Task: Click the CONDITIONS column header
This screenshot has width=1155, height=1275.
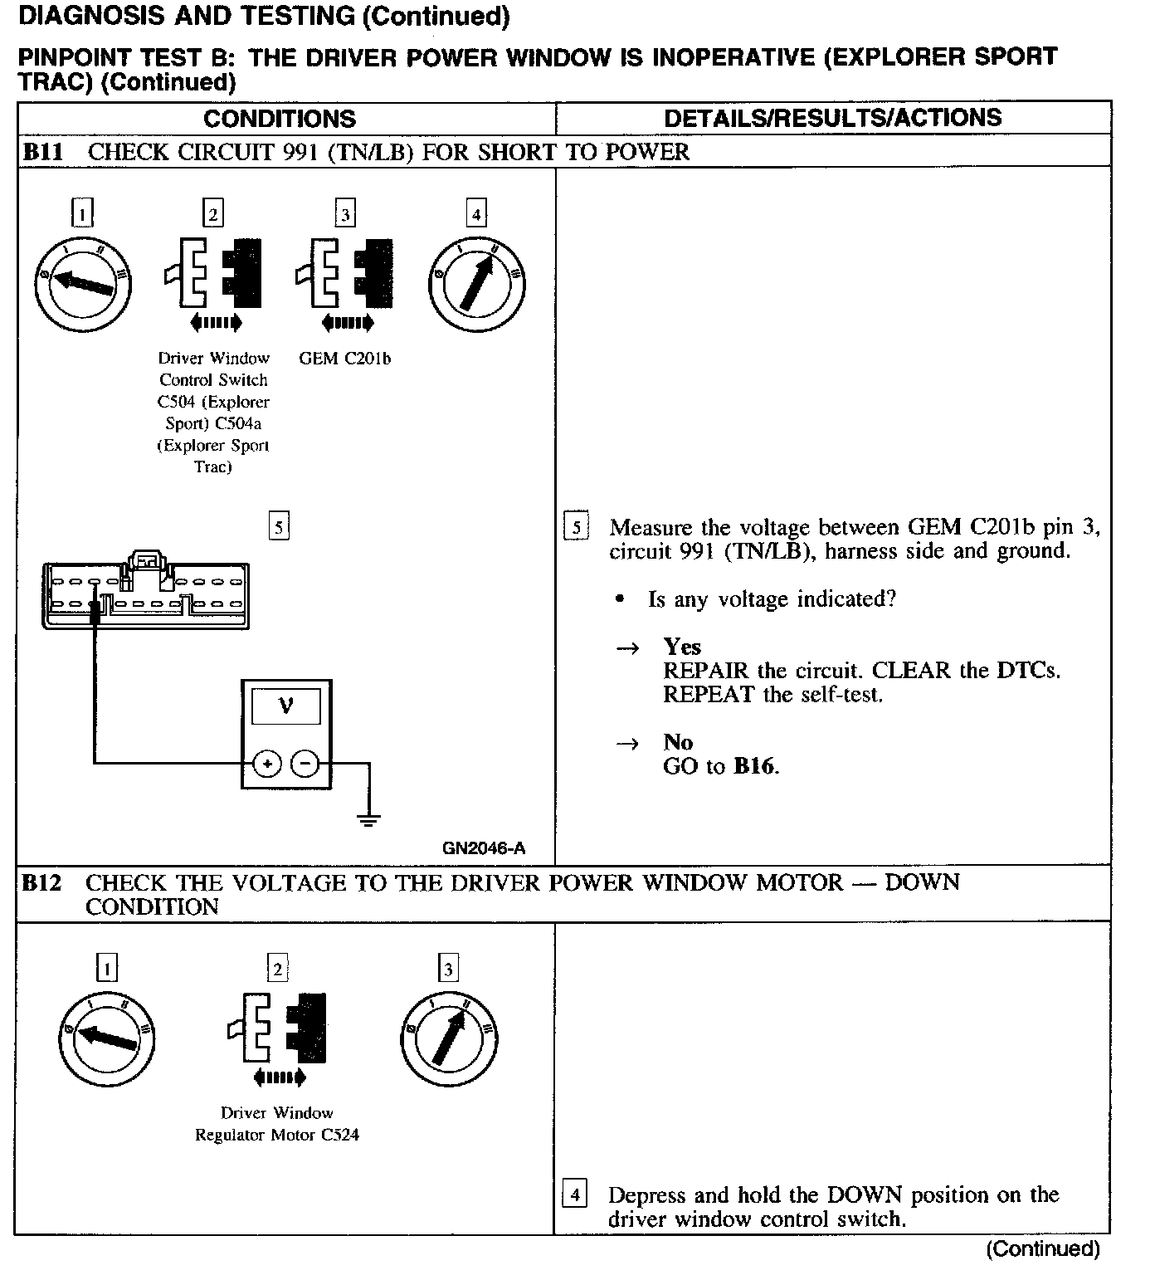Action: [x=280, y=119]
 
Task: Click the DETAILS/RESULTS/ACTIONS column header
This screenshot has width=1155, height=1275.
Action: [x=833, y=118]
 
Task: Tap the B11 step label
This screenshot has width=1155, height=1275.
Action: [x=42, y=152]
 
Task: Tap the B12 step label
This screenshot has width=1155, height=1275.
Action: [x=42, y=883]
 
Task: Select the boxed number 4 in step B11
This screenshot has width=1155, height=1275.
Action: [x=476, y=214]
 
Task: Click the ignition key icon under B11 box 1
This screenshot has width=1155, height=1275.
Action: [x=85, y=282]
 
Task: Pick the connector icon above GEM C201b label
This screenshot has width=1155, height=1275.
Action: [x=344, y=276]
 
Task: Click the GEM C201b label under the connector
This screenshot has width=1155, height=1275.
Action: [x=344, y=359]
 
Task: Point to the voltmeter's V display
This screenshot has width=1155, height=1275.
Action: [x=286, y=706]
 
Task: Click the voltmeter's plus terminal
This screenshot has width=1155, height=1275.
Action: [x=267, y=763]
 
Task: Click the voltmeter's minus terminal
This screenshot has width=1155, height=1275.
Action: [x=305, y=763]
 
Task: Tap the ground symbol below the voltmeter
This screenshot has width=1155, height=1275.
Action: [x=369, y=819]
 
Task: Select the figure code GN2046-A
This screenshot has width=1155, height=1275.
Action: [x=483, y=848]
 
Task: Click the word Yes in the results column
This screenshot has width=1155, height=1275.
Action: [x=682, y=647]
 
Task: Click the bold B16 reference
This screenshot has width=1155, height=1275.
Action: [x=753, y=766]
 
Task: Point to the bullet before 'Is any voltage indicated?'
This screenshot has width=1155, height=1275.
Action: [x=619, y=599]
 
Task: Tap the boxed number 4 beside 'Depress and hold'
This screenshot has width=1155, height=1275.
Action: [x=574, y=1195]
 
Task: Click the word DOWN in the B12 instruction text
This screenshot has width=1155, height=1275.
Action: [x=864, y=1195]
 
